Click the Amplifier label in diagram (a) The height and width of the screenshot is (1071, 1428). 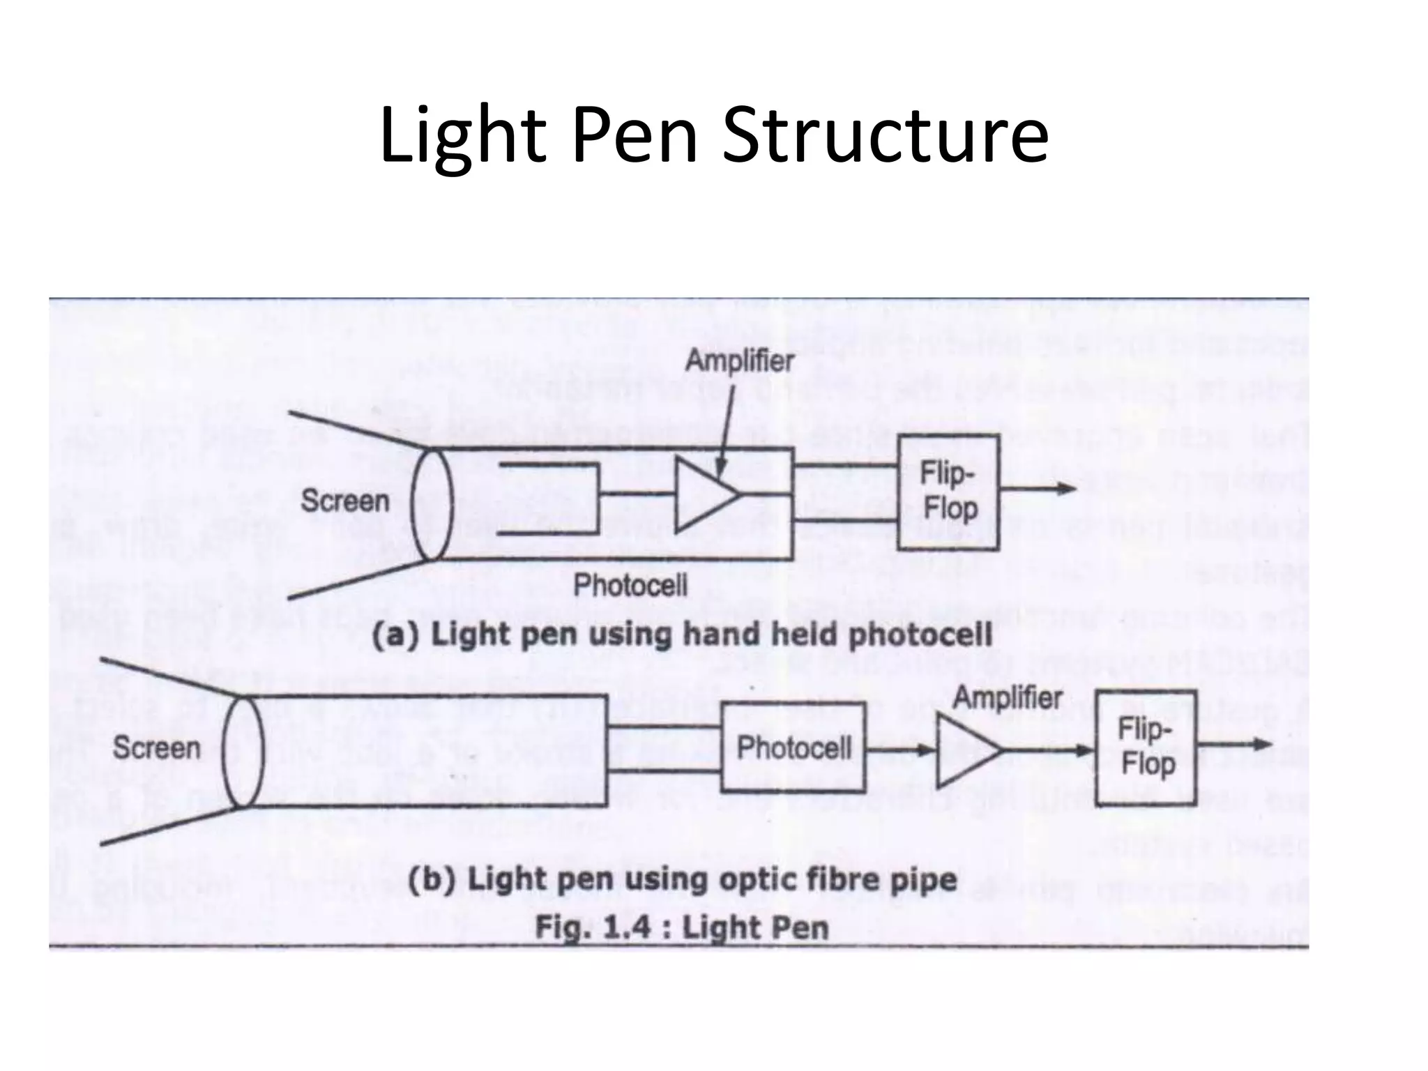pos(740,360)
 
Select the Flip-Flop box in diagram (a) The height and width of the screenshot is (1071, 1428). pos(948,492)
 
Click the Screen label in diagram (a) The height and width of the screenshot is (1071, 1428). pos(344,501)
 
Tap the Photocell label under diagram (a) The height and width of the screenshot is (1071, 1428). pos(630,585)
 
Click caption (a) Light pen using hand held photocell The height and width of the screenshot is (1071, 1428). pos(681,635)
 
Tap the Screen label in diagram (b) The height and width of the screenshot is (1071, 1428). pos(156,747)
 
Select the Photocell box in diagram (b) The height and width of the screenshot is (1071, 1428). pos(793,748)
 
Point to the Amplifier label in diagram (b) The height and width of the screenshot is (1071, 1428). pos(1007,697)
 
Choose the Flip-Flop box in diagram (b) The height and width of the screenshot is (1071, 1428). pos(1146,747)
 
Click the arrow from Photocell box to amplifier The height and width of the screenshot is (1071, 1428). pos(900,750)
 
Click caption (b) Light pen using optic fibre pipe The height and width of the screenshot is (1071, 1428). pos(681,880)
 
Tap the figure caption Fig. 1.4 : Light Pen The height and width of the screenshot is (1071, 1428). pos(681,927)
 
